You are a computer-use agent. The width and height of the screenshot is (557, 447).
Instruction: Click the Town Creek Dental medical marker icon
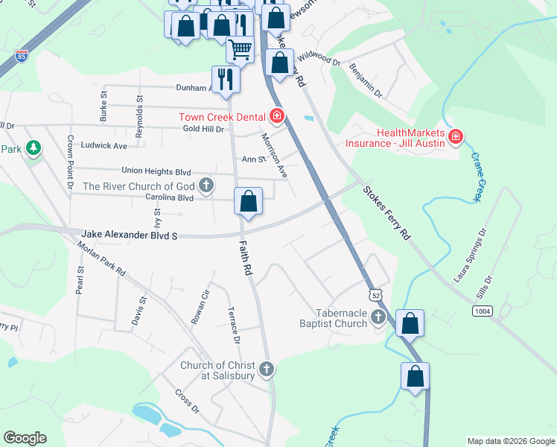pos(277,115)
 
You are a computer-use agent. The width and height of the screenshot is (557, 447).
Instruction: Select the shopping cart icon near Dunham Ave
pos(240,49)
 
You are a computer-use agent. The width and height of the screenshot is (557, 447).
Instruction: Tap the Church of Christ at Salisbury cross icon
pos(266,369)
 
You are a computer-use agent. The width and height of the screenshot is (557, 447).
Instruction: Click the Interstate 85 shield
pos(16,55)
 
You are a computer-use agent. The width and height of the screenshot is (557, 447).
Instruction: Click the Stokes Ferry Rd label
pos(387,212)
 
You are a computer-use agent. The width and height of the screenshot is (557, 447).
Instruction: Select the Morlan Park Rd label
pos(101,261)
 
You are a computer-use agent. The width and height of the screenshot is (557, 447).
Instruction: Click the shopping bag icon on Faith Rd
pos(248,201)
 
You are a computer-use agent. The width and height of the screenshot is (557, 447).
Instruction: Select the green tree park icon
pos(33,148)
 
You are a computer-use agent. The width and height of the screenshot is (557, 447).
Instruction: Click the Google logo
pos(25,438)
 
